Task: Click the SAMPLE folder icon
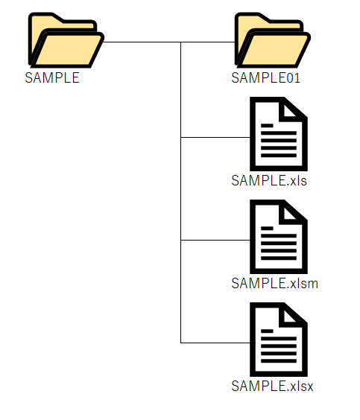[66, 40]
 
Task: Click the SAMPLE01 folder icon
[273, 40]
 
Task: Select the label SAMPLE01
[265, 78]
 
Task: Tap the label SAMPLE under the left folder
[52, 78]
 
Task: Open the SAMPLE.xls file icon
[279, 134]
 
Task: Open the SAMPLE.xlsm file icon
[279, 237]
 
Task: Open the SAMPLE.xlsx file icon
[279, 340]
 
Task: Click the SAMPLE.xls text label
[269, 181]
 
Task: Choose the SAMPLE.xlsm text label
[275, 284]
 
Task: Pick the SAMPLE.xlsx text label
[272, 386]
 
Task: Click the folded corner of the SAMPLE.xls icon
[291, 109]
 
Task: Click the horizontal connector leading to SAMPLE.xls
[215, 138]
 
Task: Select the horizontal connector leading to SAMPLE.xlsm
[215, 241]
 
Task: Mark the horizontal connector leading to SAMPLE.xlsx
[215, 343]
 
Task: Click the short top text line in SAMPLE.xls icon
[267, 126]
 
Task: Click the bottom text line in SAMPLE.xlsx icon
[279, 361]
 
